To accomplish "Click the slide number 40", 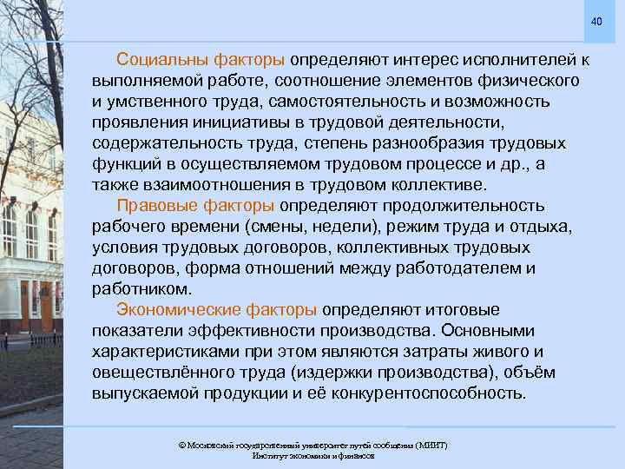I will click(596, 21).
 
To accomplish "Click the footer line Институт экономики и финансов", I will click(312, 455).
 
